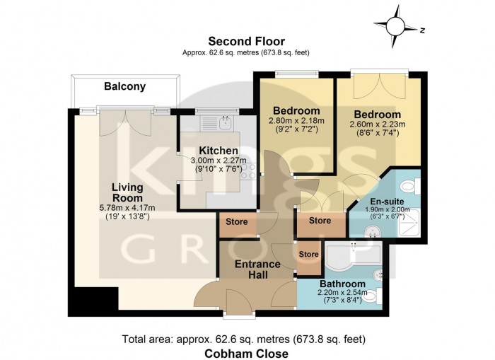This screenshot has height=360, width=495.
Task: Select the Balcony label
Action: [x=124, y=87]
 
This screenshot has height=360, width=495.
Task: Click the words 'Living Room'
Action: [x=127, y=192]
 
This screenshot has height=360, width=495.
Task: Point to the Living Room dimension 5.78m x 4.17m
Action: [x=128, y=207]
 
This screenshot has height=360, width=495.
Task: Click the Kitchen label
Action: [x=218, y=151]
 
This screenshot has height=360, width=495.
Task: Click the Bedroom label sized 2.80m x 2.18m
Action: [x=297, y=111]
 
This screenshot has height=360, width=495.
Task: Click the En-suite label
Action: [x=386, y=202]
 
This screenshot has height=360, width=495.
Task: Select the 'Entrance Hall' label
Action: [x=257, y=269]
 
